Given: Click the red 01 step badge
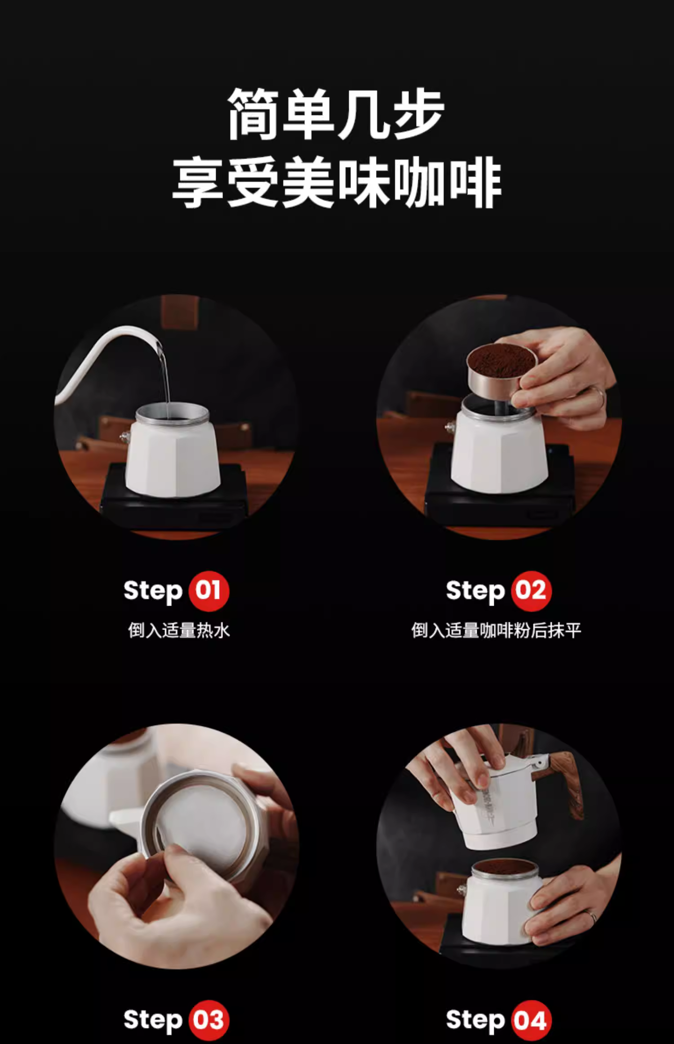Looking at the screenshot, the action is click(x=208, y=591).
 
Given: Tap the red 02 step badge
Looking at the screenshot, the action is click(x=531, y=591).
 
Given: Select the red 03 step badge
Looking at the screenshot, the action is click(x=208, y=1020).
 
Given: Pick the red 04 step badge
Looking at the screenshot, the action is click(x=531, y=1020).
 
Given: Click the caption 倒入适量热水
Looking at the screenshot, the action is click(x=179, y=630).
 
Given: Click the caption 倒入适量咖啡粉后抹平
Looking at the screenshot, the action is click(x=496, y=630).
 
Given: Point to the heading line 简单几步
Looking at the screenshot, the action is click(x=336, y=114).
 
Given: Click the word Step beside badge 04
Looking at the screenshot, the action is click(x=475, y=1021).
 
